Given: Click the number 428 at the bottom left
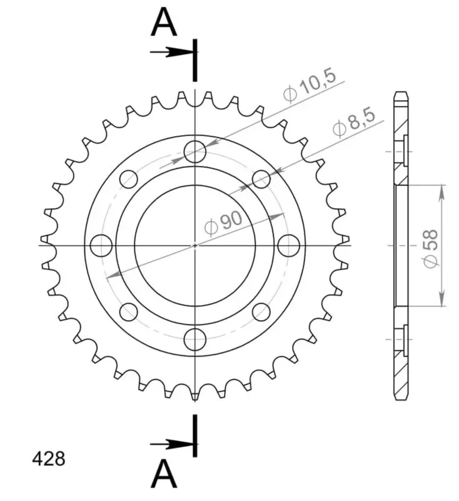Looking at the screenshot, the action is (49, 459).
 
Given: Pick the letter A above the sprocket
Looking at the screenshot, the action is (164, 23).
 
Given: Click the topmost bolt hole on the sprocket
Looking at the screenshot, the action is (195, 152).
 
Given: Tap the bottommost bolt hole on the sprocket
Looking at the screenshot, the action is (195, 339).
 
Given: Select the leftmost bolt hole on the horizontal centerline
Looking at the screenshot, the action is (101, 245).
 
